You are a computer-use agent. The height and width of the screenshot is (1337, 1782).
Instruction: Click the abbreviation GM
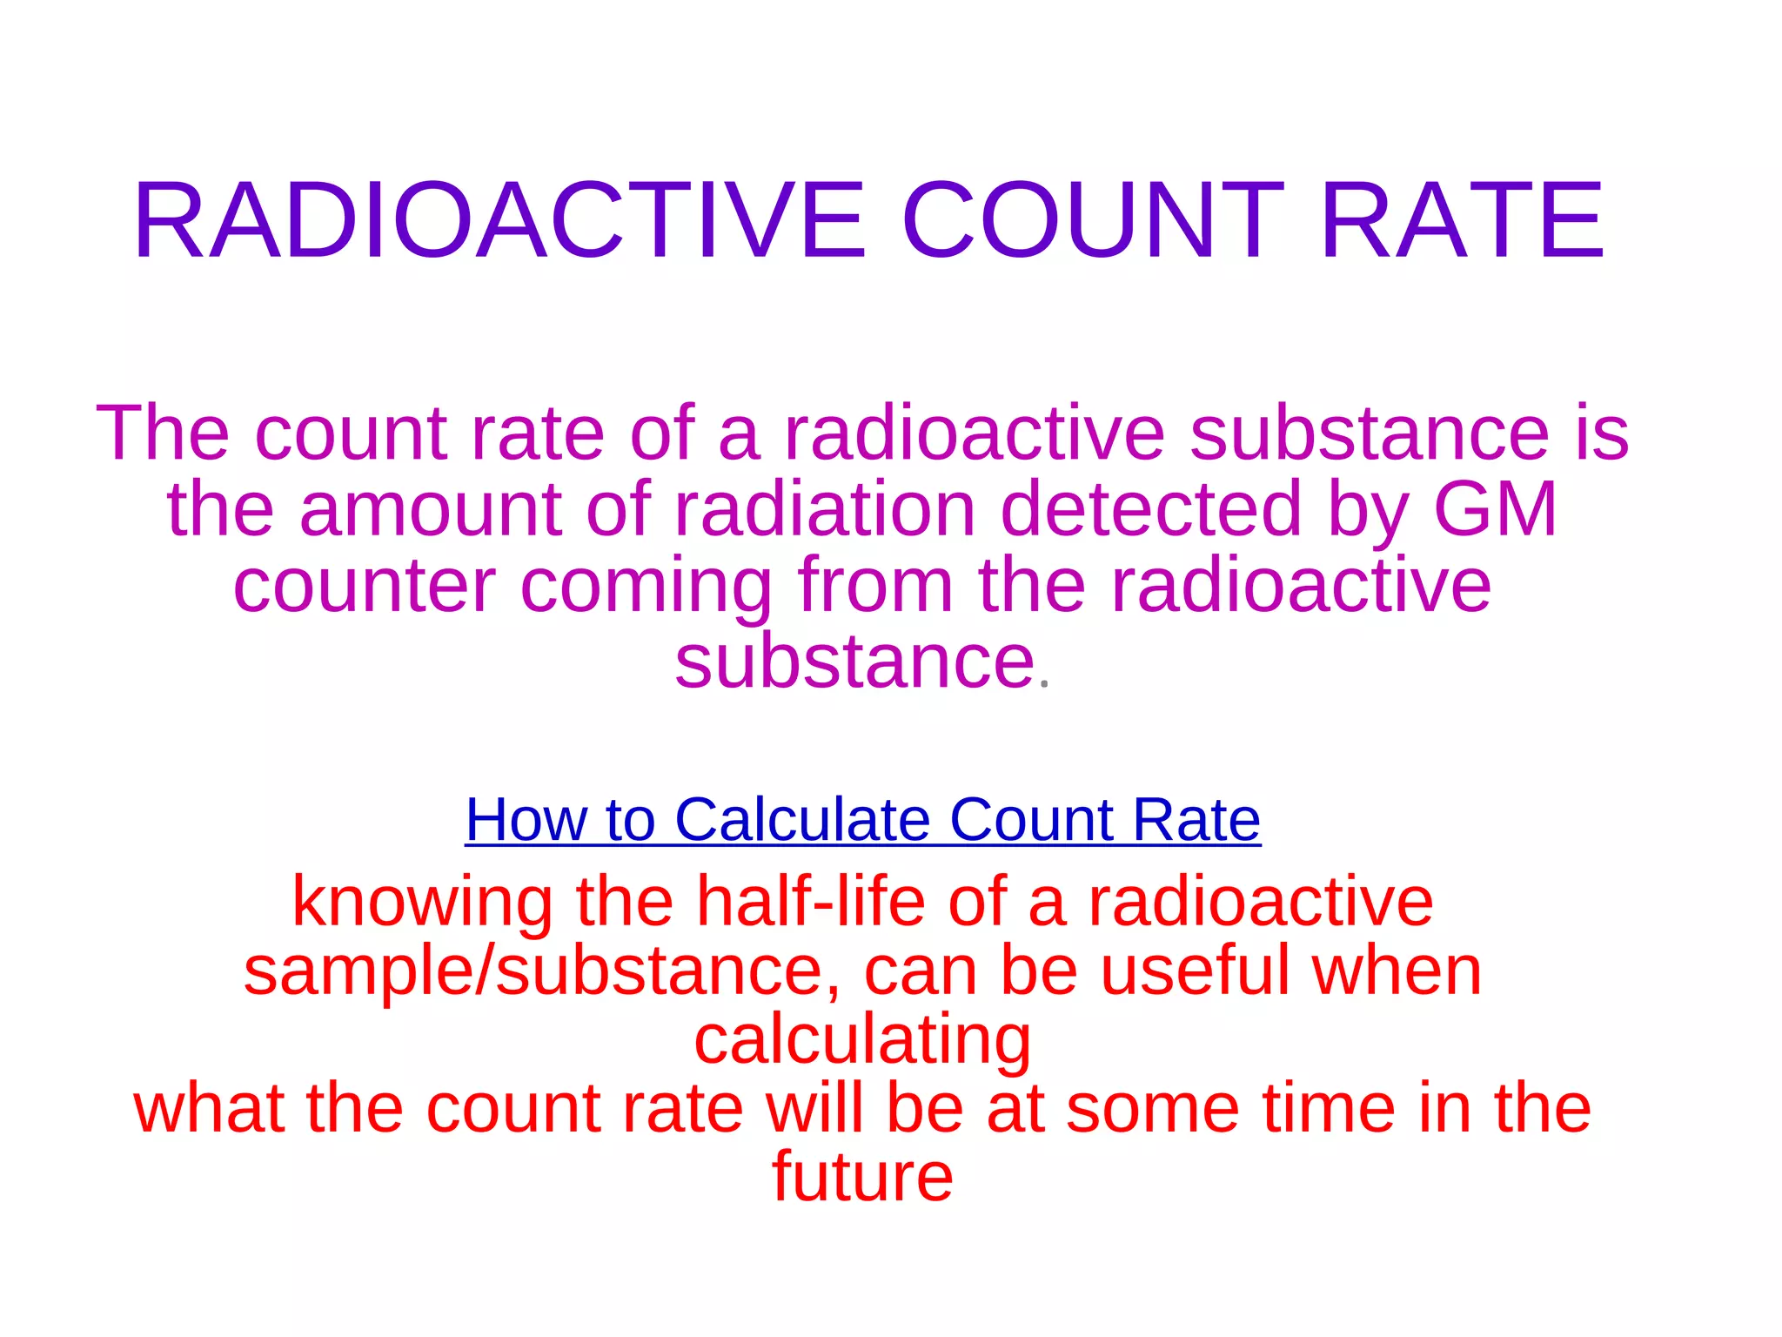(x=1495, y=509)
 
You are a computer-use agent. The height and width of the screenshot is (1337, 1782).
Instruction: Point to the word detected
(x=1151, y=509)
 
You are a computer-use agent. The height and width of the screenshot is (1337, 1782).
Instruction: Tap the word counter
(x=364, y=586)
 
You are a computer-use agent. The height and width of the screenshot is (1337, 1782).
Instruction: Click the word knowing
(x=422, y=903)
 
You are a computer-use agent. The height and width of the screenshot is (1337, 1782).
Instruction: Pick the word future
(x=862, y=1177)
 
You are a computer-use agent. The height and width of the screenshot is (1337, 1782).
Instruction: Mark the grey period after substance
(x=1045, y=686)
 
